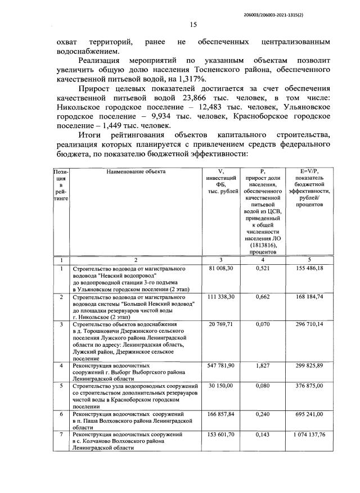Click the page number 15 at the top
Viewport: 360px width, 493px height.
pyautogui.click(x=193, y=24)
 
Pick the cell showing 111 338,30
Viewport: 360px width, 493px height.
pyautogui.click(x=220, y=296)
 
